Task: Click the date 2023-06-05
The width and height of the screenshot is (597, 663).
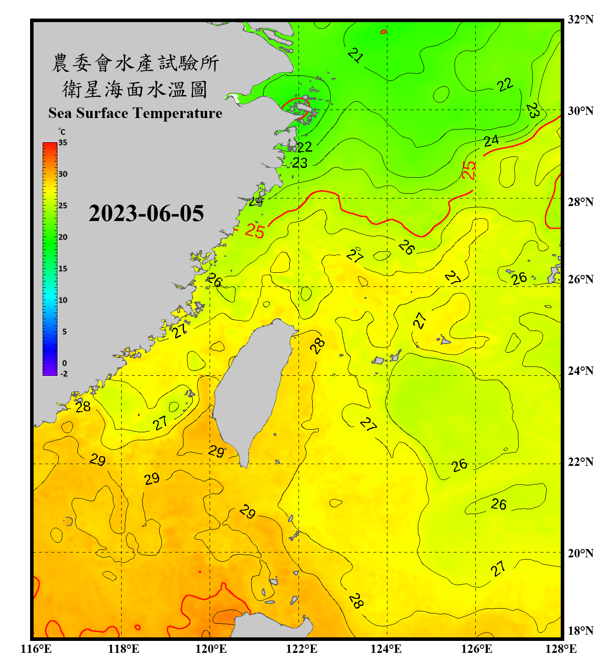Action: [x=146, y=213]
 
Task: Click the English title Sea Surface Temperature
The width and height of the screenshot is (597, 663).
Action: [x=135, y=113]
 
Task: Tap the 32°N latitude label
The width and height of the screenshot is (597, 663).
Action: [x=580, y=19]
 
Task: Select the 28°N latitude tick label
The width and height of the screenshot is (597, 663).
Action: [x=580, y=202]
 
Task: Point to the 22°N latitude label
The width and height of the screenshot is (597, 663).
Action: [x=580, y=462]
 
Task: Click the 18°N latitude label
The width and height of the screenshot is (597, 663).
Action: [x=580, y=631]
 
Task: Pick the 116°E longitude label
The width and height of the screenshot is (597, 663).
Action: [x=36, y=649]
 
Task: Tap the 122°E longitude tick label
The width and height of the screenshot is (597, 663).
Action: [x=302, y=649]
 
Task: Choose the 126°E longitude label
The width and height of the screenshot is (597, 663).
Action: [x=477, y=649]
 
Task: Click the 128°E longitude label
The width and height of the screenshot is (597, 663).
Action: [x=561, y=649]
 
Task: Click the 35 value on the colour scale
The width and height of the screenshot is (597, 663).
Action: [x=63, y=143]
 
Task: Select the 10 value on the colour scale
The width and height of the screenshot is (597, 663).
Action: [x=63, y=300]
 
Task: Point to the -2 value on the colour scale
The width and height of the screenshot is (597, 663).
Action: [x=64, y=374]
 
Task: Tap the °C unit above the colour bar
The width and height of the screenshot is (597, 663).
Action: [x=62, y=132]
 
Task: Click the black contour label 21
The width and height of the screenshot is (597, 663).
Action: [x=356, y=55]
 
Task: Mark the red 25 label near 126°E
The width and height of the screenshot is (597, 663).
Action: [x=469, y=170]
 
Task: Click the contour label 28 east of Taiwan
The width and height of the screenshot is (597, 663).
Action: [x=318, y=345]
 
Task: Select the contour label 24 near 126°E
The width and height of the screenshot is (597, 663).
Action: [x=491, y=141]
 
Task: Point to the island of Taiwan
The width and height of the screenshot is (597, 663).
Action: [x=252, y=389]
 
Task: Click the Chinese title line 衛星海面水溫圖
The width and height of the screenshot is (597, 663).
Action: [x=135, y=89]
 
